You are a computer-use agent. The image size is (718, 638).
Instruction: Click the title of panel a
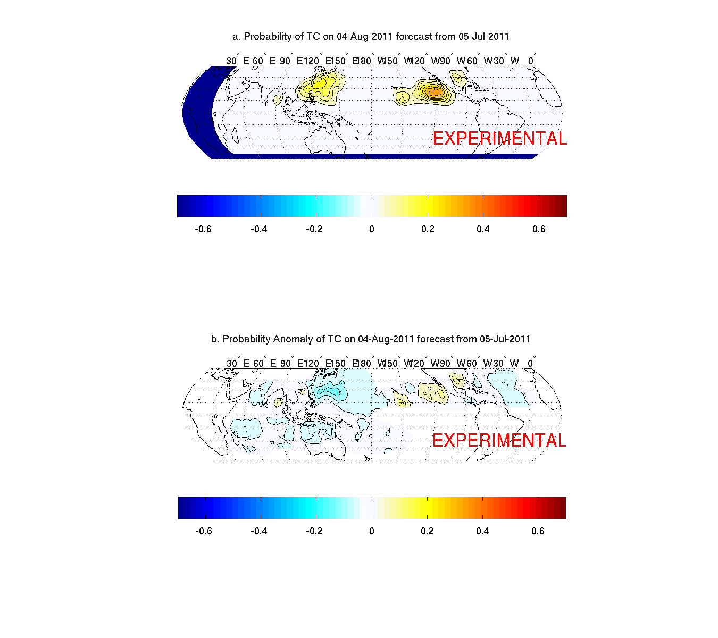(371, 37)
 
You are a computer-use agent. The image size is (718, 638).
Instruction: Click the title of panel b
(371, 339)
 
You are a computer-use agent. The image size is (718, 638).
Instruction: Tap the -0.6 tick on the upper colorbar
(203, 229)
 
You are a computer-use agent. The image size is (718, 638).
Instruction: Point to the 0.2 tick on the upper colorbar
(428, 229)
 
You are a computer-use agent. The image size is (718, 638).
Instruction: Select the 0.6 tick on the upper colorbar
(539, 229)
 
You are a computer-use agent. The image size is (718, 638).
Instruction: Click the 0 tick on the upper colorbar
(372, 229)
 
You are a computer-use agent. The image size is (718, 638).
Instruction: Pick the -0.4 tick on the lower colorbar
(259, 531)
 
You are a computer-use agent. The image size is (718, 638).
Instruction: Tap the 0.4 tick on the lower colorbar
(482, 531)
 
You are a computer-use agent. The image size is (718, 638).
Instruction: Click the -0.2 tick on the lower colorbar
(315, 531)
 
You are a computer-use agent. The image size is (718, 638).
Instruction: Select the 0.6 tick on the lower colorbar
(538, 531)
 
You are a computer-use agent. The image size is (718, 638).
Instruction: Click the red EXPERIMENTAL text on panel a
(499, 138)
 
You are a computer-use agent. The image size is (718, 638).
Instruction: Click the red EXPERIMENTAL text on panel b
(499, 440)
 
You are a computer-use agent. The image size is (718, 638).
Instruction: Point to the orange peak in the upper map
(435, 93)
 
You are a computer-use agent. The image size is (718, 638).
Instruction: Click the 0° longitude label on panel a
(531, 61)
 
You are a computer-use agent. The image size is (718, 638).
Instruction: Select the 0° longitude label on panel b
(530, 364)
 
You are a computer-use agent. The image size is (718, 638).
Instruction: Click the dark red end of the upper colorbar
(564, 206)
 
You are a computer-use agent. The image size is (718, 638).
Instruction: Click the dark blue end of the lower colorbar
(181, 508)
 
